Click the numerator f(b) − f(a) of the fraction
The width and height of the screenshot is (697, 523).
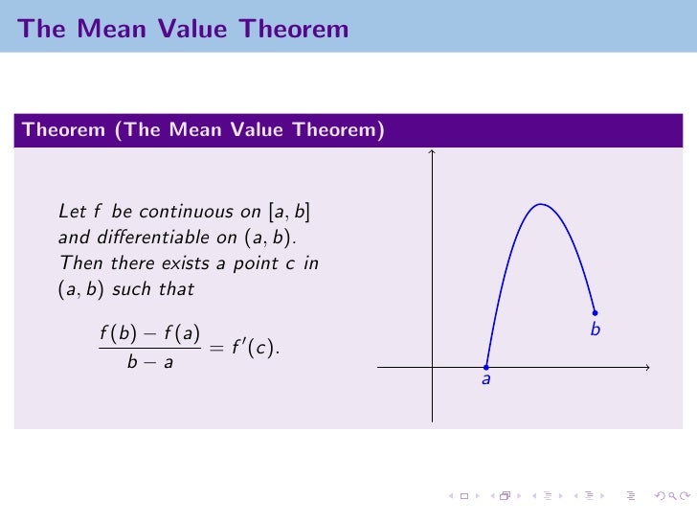(x=148, y=334)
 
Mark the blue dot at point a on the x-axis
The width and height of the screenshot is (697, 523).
(x=486, y=367)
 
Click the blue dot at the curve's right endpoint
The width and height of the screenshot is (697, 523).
(x=596, y=312)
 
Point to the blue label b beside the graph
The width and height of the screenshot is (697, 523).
(x=595, y=330)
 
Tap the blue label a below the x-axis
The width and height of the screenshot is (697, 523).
(x=485, y=381)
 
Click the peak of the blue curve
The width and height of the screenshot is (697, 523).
(x=541, y=204)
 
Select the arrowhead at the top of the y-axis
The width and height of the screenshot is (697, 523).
(x=433, y=151)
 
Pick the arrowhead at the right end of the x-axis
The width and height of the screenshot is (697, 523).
(x=647, y=367)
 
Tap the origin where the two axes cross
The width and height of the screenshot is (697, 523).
(x=433, y=367)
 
